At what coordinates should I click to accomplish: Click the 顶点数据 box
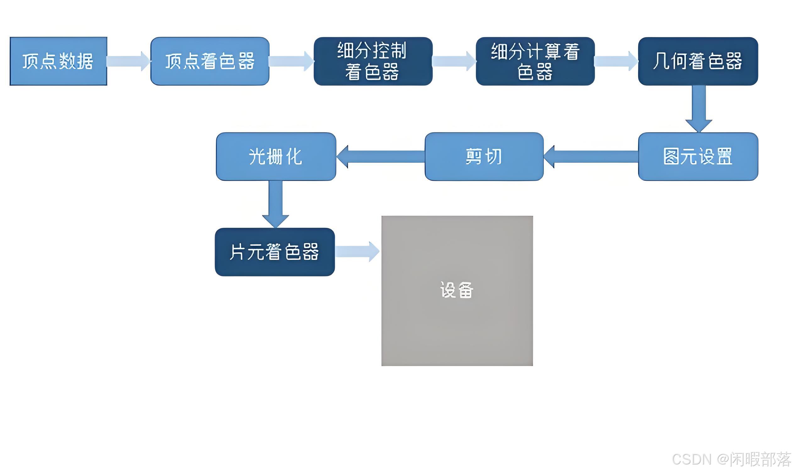coord(58,61)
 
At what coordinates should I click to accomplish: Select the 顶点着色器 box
coord(210,61)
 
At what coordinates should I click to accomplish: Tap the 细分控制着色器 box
coord(373,61)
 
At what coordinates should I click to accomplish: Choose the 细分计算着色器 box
coord(535,61)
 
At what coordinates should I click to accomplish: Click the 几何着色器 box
coord(698,61)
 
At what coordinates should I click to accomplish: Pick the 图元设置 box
coord(698,157)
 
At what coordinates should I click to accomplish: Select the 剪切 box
coord(484,157)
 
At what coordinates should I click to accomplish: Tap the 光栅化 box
coord(276,157)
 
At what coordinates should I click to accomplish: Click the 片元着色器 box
coord(275,252)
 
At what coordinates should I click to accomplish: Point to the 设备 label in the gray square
coord(457,290)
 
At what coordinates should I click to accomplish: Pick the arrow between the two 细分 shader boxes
coord(454,61)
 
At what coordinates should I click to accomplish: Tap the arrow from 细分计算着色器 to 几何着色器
coord(616,61)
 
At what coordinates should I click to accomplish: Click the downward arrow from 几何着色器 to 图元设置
coord(698,108)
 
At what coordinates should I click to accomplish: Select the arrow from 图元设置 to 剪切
coord(591,157)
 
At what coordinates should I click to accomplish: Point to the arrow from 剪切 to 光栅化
coord(380,157)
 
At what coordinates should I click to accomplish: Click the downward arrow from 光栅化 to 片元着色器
coord(275,204)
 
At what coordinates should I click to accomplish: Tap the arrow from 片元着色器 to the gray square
coord(357,252)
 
